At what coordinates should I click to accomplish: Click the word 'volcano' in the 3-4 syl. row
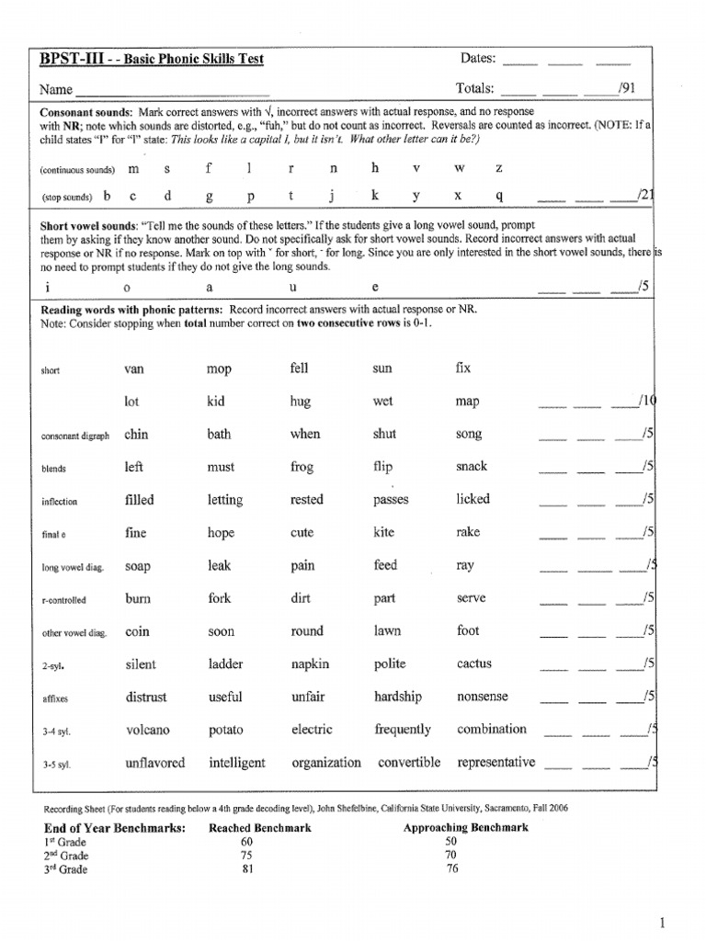147,731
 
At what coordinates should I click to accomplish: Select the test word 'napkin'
310,664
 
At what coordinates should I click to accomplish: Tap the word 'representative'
495,763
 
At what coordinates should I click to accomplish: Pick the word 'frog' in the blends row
302,467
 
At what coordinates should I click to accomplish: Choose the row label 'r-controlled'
63,600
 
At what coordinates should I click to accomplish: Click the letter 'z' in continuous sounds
499,169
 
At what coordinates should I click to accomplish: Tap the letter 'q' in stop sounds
499,196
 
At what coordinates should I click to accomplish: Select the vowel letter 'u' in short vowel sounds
290,286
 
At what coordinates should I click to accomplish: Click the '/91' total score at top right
627,89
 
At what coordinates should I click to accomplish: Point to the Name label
55,90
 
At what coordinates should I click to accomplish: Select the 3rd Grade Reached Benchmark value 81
246,869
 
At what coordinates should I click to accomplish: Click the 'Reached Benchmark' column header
260,828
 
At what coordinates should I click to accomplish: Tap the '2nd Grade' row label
66,856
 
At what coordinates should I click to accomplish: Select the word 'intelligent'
236,763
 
